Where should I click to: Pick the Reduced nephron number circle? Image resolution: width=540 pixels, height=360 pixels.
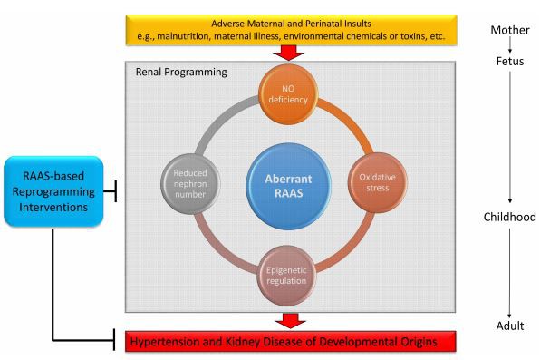point(191,175)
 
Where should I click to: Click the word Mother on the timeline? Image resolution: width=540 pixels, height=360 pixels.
point(509,29)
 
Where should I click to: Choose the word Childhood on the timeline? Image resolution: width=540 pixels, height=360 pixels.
point(509,218)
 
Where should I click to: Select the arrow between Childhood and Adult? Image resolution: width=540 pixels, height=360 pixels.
point(509,272)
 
